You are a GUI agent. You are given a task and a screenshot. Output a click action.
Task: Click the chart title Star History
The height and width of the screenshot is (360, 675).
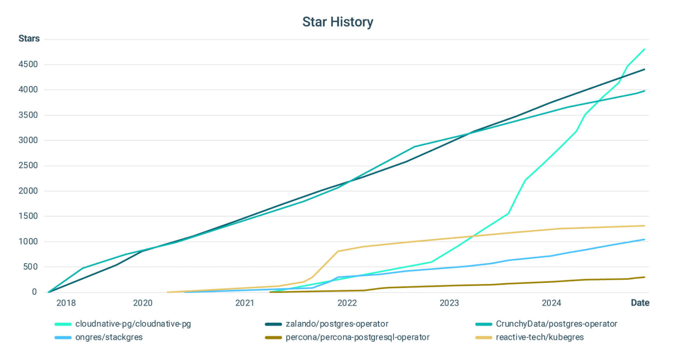click(337, 22)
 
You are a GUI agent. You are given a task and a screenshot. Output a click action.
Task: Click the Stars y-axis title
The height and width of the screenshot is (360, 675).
click(29, 38)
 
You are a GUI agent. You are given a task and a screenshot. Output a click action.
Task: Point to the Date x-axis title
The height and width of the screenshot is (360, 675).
click(640, 303)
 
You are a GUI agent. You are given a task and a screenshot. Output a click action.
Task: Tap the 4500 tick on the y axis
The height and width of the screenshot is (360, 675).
click(28, 64)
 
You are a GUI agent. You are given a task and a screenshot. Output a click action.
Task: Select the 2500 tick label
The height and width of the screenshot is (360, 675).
click(28, 165)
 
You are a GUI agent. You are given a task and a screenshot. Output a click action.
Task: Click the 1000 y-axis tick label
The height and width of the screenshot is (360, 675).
click(28, 241)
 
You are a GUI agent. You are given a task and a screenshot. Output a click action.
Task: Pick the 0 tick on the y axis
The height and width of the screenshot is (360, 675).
click(35, 292)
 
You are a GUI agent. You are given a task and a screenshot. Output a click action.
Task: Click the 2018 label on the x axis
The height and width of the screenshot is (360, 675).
click(66, 303)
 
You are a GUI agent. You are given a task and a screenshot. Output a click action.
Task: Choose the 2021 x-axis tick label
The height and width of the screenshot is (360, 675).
click(244, 303)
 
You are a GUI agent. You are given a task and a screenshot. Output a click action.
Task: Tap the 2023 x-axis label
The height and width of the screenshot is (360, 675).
click(449, 303)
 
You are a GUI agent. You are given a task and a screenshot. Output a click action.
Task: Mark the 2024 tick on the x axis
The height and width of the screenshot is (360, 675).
click(551, 303)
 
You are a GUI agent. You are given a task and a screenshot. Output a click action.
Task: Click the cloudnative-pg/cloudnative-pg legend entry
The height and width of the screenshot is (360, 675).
click(133, 324)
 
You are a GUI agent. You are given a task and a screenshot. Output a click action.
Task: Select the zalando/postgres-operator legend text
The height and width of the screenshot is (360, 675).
click(337, 324)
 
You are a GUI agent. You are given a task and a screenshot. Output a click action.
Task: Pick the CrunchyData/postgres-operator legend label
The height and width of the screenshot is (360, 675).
click(556, 324)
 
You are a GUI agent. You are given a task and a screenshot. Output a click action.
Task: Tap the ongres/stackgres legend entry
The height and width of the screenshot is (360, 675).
click(109, 337)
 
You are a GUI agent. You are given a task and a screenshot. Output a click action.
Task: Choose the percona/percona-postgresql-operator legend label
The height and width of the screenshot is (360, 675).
click(358, 337)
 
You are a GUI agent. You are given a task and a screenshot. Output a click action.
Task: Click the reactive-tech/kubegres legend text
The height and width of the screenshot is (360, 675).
click(540, 337)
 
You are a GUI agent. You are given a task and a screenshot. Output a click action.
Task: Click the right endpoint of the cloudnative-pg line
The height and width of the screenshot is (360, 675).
click(644, 49)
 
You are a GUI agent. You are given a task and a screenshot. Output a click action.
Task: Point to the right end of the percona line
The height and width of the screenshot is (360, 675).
click(644, 277)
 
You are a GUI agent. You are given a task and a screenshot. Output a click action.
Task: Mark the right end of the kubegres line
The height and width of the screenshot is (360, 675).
click(644, 226)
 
